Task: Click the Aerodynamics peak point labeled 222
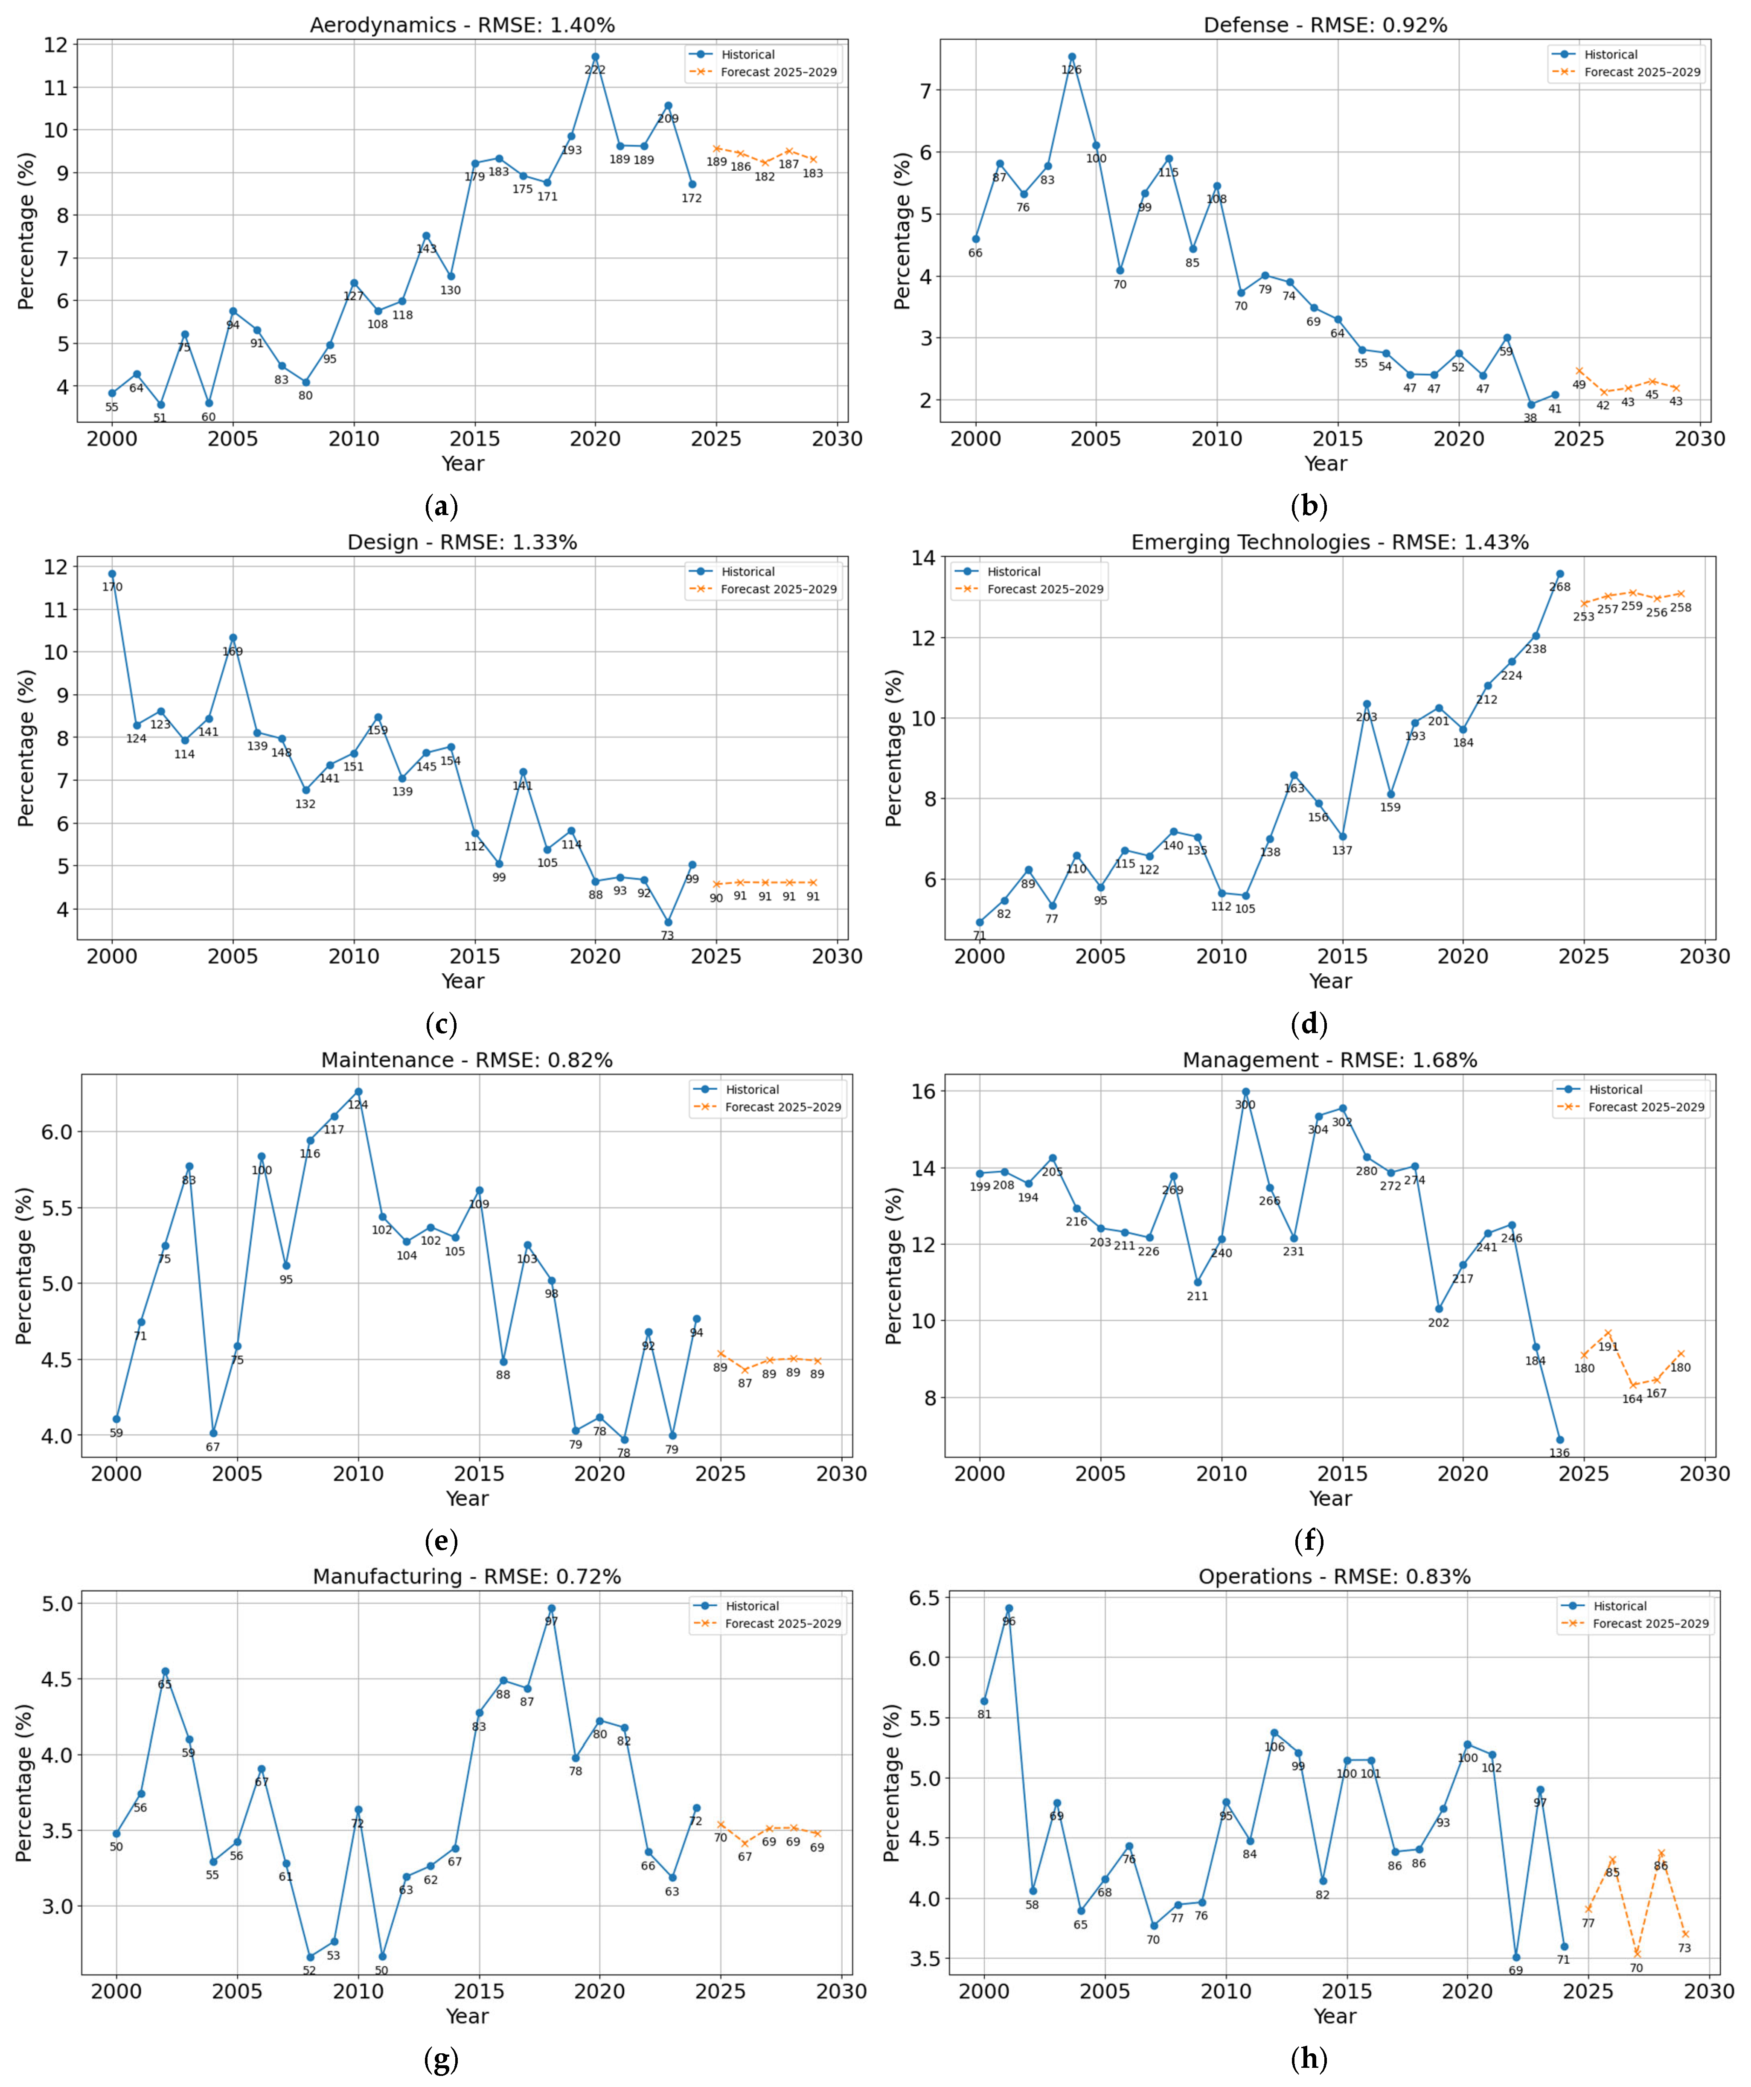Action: click(595, 57)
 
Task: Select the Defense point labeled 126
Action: click(1071, 57)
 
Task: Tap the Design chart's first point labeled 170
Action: click(112, 573)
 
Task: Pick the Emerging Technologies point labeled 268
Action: click(1559, 573)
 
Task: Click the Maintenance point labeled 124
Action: click(358, 1091)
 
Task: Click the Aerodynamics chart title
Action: click(462, 25)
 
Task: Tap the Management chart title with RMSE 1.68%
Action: click(1329, 1060)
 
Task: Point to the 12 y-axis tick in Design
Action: click(57, 567)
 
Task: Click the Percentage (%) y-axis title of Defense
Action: click(902, 230)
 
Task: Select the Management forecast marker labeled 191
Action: click(1608, 1333)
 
